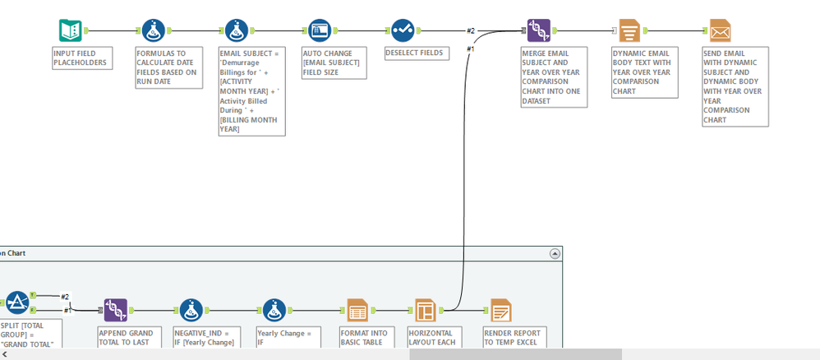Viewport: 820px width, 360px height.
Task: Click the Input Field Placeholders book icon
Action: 71,31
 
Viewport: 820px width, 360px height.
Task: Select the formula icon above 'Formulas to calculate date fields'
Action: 154,31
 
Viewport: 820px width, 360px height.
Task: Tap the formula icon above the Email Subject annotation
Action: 238,31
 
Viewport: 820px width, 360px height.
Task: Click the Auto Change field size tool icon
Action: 320,31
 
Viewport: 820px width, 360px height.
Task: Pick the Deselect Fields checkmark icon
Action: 403,31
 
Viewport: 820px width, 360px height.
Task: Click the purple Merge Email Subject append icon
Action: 538,31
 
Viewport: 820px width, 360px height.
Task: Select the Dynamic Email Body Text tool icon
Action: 629,31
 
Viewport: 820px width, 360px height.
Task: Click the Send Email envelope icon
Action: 720,31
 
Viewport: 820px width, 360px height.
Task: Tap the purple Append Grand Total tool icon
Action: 116,310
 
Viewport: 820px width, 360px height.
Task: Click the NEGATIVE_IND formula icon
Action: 191,310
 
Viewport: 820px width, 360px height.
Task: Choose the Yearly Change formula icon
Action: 274,310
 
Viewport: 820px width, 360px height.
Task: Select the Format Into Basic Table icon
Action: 357,310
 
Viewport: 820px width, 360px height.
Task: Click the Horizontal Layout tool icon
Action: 425,310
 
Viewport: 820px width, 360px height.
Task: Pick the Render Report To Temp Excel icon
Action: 500,310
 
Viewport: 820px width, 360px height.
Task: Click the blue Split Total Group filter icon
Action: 16,303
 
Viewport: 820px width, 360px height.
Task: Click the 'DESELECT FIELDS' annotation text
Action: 417,53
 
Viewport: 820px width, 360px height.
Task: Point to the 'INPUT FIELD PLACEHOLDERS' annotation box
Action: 81,58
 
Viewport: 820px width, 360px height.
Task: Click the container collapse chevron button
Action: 554,254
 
